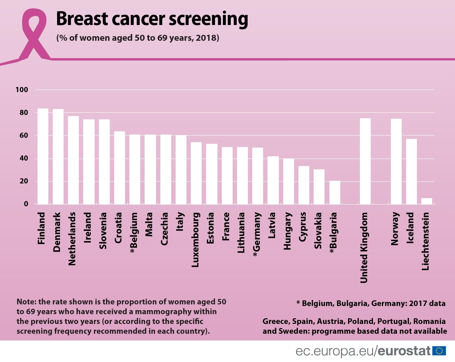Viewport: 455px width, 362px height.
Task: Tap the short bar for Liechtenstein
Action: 426,201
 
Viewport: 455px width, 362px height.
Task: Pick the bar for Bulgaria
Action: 335,192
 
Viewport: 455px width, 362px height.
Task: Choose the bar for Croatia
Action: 120,168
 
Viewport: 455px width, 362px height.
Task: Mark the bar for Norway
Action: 396,161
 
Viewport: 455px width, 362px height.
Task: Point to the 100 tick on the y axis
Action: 22,90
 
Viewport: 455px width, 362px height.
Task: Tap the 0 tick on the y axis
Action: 26,204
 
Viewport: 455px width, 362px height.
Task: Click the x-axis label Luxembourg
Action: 195,240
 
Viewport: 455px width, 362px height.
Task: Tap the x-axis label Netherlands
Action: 72,239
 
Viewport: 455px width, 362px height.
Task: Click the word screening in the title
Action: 208,19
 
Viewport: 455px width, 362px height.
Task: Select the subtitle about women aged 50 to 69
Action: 138,38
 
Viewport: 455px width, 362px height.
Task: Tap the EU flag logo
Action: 439,351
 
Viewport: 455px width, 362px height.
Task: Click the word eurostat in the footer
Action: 404,351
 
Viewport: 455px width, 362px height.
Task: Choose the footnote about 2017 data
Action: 371,303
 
